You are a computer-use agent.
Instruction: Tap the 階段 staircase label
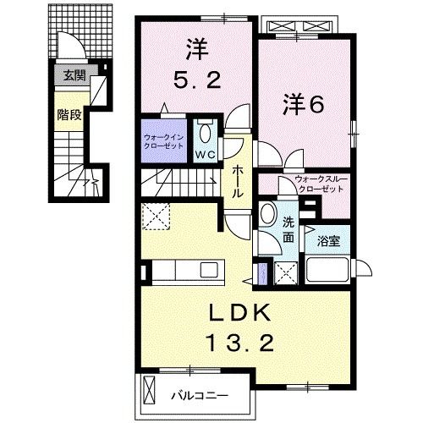[x=69, y=115]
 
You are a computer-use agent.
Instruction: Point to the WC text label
[x=206, y=155]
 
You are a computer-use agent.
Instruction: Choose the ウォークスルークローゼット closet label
[x=321, y=184]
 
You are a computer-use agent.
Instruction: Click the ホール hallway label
[x=239, y=181]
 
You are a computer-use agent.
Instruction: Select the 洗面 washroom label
[x=288, y=231]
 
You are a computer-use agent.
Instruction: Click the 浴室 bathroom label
[x=329, y=242]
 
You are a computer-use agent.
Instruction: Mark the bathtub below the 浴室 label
[x=328, y=271]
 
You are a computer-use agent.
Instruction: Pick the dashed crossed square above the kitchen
[x=156, y=216]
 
